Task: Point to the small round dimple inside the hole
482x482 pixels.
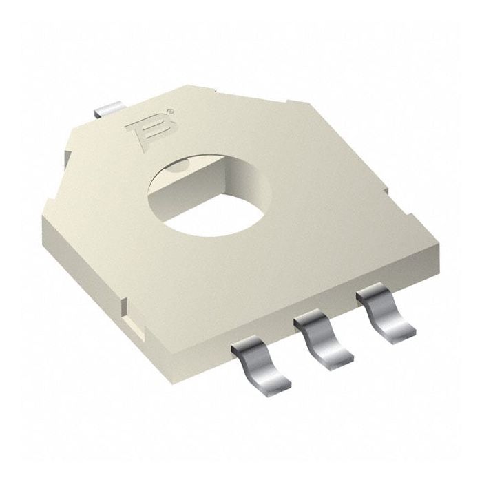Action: point(178,165)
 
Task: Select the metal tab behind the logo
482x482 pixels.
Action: point(109,108)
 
